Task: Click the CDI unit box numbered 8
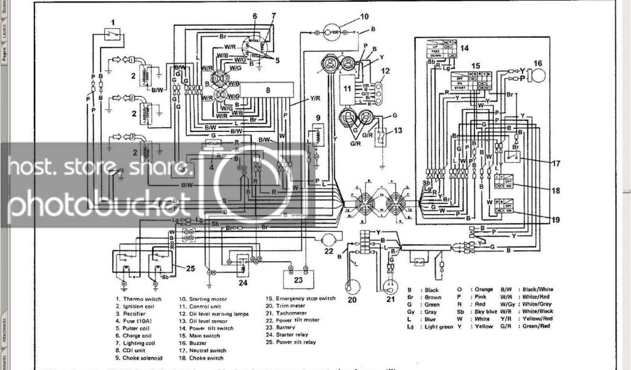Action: pyautogui.click(x=267, y=90)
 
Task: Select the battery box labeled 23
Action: pyautogui.click(x=298, y=279)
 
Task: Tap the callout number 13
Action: pyautogui.click(x=398, y=129)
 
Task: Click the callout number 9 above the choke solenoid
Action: pyautogui.click(x=318, y=117)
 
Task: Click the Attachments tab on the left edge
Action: pyautogui.click(x=4, y=333)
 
